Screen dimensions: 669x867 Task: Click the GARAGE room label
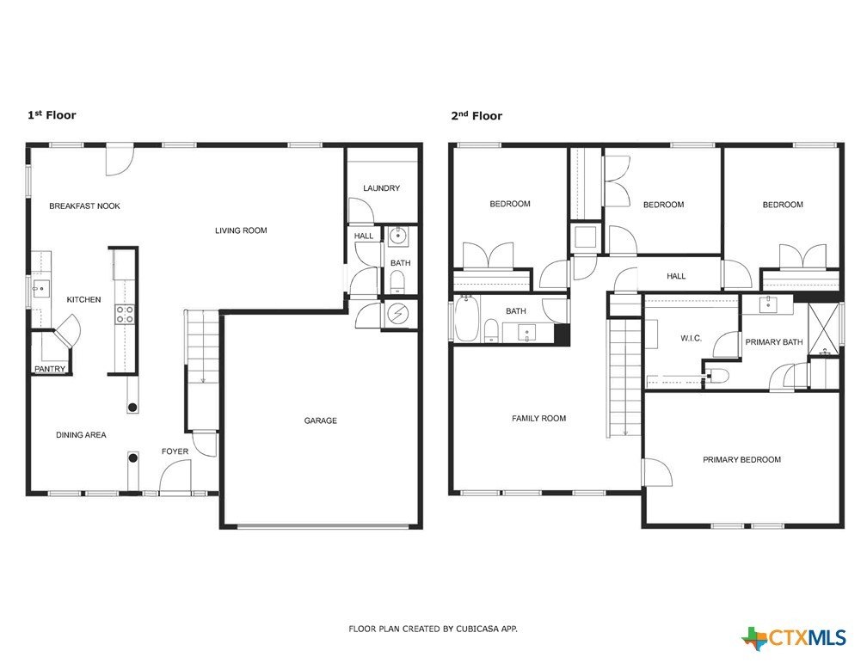click(320, 420)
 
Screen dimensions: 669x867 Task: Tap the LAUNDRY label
click(381, 188)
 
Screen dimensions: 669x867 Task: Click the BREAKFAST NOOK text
click(84, 206)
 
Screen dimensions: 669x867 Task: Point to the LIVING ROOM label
click(241, 230)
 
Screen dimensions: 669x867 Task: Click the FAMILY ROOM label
click(538, 419)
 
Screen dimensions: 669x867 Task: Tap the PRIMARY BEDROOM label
click(741, 460)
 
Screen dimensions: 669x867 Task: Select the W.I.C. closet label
click(691, 339)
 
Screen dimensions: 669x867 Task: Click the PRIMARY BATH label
click(773, 342)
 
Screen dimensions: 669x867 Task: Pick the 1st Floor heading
click(52, 115)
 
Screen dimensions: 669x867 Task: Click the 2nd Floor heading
click(477, 116)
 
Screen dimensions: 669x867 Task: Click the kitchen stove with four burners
click(125, 315)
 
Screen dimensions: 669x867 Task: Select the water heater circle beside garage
click(398, 315)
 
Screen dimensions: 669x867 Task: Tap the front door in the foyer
click(175, 478)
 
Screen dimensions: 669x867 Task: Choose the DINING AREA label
click(81, 435)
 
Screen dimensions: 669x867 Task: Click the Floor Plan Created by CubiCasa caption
click(433, 629)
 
